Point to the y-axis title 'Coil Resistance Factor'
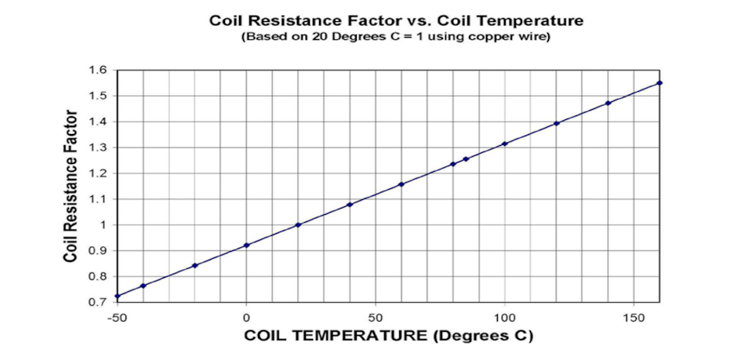71,185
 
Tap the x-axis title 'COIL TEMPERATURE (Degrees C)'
390,336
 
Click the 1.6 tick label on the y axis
98,70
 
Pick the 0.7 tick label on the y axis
98,302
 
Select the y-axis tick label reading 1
103,225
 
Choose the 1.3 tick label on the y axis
98,147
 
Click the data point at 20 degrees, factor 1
298,225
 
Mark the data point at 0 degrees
246,245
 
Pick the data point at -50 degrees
118,296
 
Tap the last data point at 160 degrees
659,82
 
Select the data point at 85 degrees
466,159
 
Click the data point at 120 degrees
556,123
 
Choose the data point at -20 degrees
194,266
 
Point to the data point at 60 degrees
401,184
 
